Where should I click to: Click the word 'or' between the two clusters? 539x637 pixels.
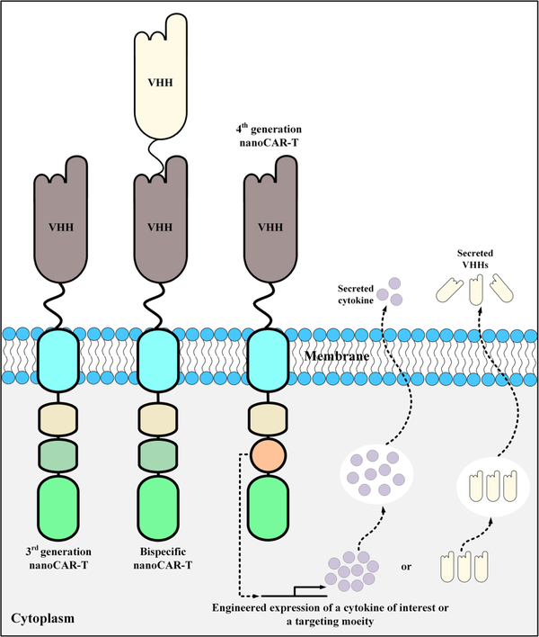pos(405,567)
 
